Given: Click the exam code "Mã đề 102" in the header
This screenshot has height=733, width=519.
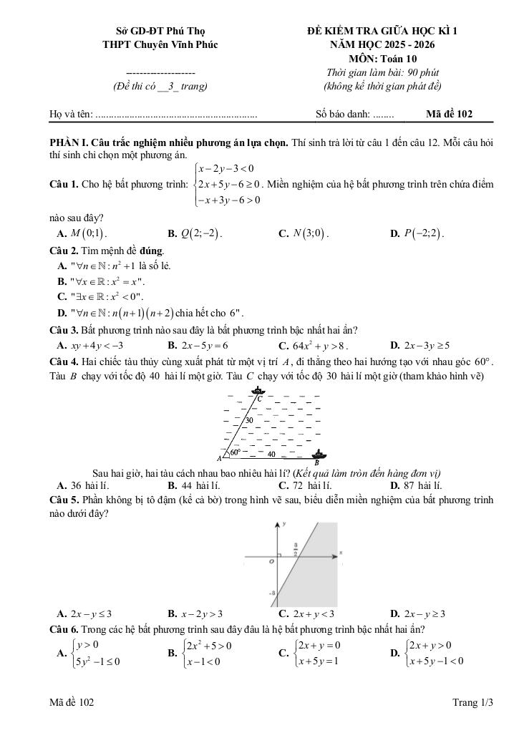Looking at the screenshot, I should pos(449,114).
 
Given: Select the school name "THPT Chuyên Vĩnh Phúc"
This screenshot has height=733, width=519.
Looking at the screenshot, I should pos(161,45).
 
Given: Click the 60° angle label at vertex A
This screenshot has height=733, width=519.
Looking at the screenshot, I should pos(236,452).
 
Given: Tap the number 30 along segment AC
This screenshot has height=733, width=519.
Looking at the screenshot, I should pos(251,420).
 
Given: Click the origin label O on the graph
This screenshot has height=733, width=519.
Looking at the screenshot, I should pos(271,563).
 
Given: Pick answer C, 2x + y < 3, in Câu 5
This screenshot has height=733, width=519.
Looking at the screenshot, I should pos(306,613).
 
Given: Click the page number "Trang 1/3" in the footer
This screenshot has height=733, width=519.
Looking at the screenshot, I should pos(472,703).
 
